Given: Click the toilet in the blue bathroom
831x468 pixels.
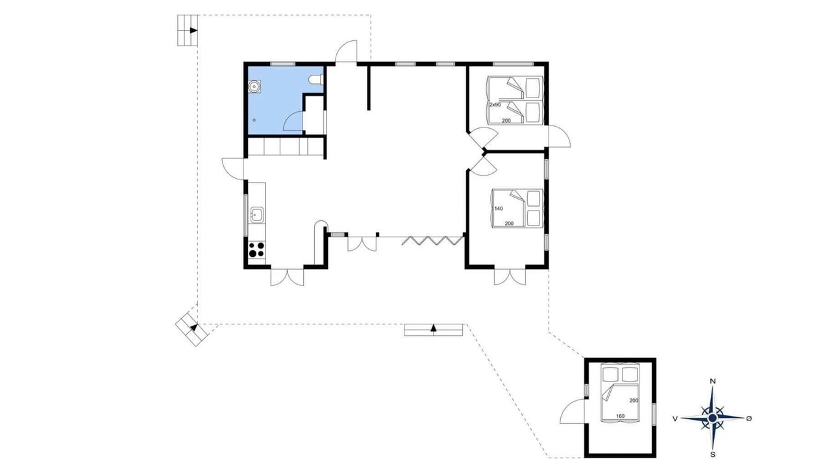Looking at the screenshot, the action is [x=317, y=80].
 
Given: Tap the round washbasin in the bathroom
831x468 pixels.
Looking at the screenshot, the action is [x=254, y=86].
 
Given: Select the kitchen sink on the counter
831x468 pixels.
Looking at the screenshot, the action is [x=256, y=215].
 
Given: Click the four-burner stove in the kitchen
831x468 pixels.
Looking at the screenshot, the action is [x=256, y=250].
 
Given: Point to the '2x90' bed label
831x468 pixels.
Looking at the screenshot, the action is [x=495, y=105].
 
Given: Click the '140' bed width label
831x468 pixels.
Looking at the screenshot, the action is [x=499, y=209].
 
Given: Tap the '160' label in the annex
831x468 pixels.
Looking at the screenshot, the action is [x=620, y=416].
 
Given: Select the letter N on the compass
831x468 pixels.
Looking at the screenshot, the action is [x=712, y=381].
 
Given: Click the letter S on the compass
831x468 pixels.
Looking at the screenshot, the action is [x=713, y=454].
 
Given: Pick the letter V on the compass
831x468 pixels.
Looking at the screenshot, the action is [x=675, y=419].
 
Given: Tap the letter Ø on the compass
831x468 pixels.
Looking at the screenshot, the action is [x=749, y=419].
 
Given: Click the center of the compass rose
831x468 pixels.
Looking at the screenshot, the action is [x=712, y=418].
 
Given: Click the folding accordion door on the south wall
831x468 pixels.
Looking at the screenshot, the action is [x=432, y=240].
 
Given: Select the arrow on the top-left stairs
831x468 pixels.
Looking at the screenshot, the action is [x=193, y=31].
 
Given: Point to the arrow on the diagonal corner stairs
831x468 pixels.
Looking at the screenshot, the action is [x=193, y=327].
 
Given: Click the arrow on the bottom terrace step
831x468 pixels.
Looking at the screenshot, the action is [x=433, y=327].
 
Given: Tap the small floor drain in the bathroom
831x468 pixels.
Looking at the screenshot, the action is [x=254, y=120].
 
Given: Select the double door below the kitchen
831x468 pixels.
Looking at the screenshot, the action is [x=287, y=277].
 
